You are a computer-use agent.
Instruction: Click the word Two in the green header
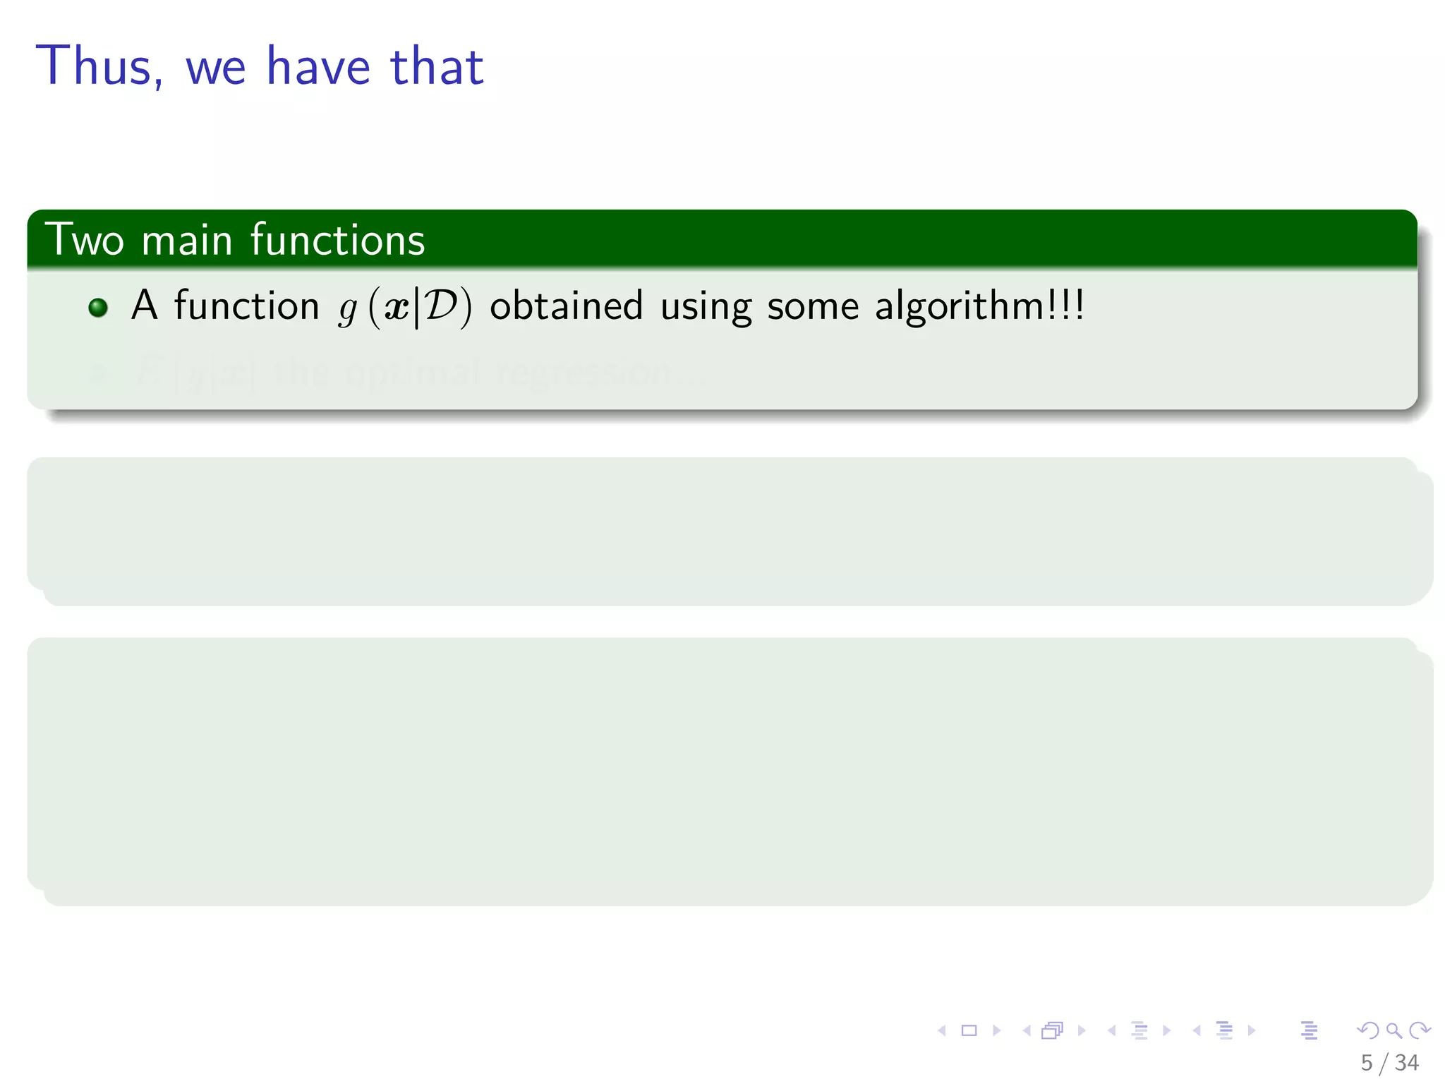pyautogui.click(x=84, y=239)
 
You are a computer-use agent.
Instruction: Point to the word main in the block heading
pyautogui.click(x=187, y=239)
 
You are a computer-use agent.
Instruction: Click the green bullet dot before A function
pyautogui.click(x=98, y=308)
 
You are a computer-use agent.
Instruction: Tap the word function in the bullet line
pyautogui.click(x=247, y=306)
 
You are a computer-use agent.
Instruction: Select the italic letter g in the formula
pyautogui.click(x=347, y=308)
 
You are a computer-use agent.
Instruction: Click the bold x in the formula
pyautogui.click(x=397, y=307)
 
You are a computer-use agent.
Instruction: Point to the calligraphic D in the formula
pyautogui.click(x=441, y=306)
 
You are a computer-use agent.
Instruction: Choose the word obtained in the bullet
pyautogui.click(x=566, y=306)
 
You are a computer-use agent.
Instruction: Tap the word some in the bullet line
pyautogui.click(x=813, y=306)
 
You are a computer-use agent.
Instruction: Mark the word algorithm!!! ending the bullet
pyautogui.click(x=979, y=306)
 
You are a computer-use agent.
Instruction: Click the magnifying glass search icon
pyautogui.click(x=1393, y=1031)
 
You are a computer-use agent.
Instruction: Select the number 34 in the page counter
pyautogui.click(x=1406, y=1063)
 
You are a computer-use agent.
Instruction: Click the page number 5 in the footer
pyautogui.click(x=1367, y=1063)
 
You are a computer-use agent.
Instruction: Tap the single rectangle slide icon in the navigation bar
pyautogui.click(x=969, y=1031)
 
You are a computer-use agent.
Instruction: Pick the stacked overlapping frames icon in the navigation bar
pyautogui.click(x=1052, y=1031)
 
